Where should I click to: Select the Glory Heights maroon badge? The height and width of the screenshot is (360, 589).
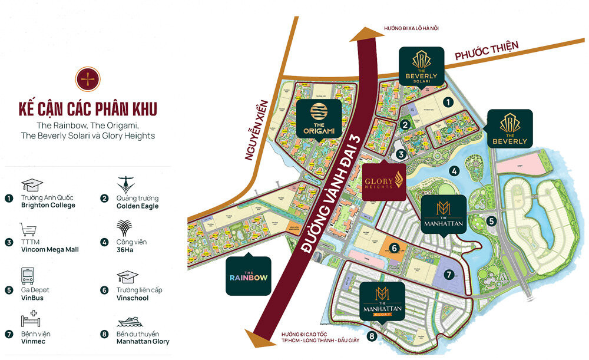(383, 180)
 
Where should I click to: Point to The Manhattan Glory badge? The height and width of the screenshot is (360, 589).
(383, 300)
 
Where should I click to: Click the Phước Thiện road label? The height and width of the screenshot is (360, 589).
(482, 55)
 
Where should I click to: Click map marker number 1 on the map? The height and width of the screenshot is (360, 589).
(449, 103)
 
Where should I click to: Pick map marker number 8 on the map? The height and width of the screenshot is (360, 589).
(371, 337)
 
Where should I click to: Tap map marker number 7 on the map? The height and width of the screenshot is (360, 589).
(449, 274)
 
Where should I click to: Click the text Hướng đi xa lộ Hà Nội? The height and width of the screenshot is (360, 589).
(411, 28)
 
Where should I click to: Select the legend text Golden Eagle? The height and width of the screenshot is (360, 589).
(137, 206)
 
